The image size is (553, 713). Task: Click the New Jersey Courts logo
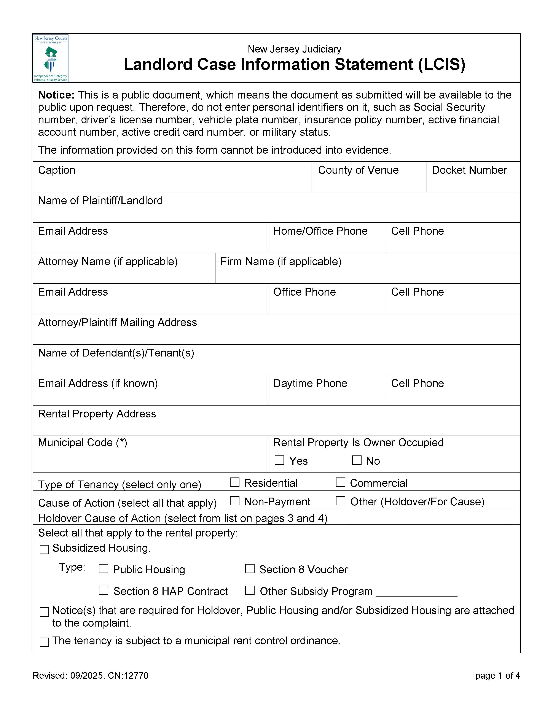[51, 58]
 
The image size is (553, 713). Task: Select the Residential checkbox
[235, 482]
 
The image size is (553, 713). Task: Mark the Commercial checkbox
[341, 482]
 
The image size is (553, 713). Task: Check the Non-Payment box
[235, 501]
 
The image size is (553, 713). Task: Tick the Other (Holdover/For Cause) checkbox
[341, 501]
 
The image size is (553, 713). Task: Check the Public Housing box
[104, 569]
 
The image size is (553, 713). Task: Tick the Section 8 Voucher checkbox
[250, 569]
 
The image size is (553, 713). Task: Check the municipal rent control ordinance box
[44, 642]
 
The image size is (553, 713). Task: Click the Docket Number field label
[469, 170]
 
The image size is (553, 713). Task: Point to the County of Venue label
[358, 170]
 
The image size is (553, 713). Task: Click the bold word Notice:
[56, 95]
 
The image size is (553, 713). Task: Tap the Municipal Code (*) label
[82, 443]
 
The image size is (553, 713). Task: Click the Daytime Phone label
[310, 383]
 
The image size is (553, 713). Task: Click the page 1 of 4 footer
[497, 675]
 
